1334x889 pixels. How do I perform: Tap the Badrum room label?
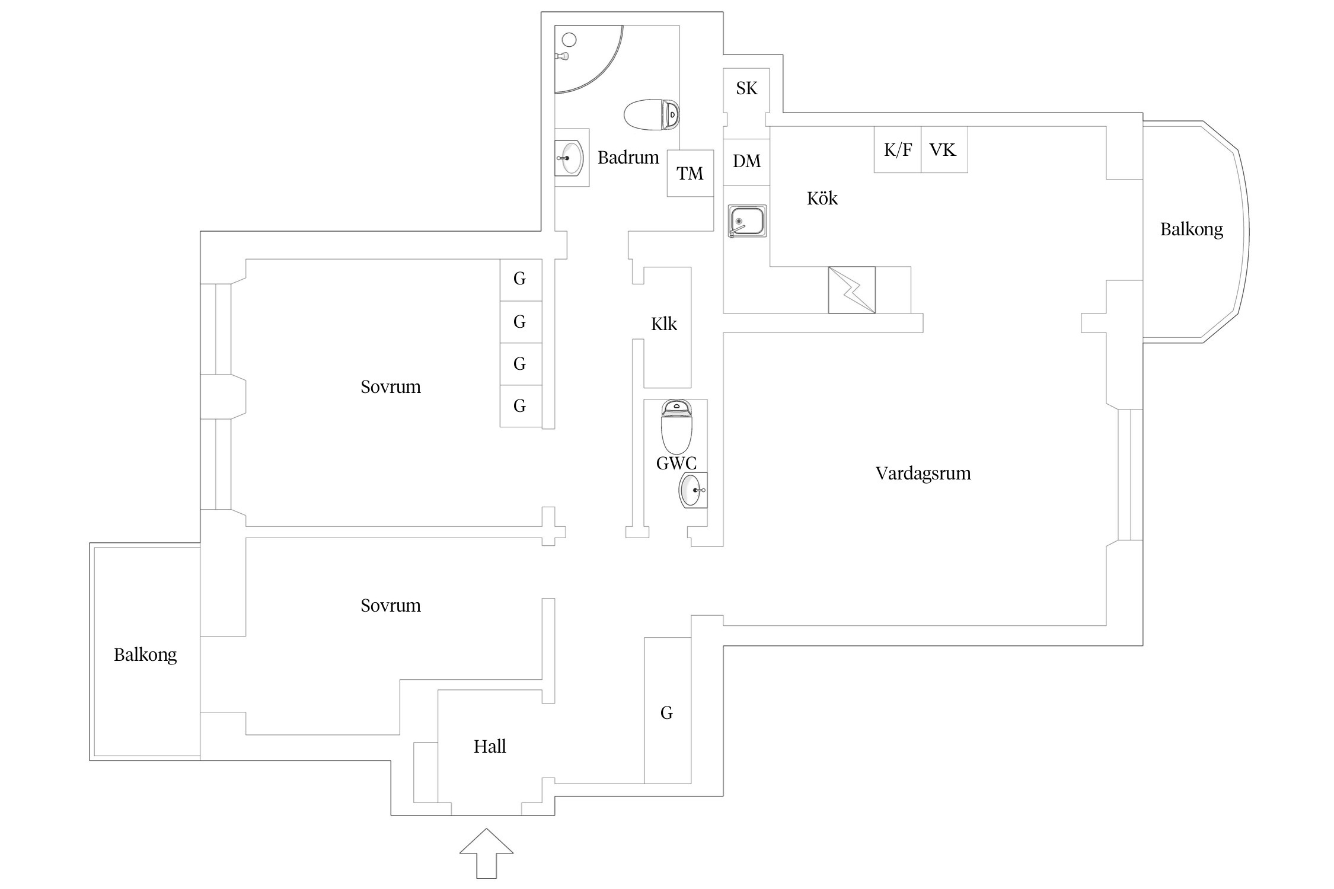click(628, 158)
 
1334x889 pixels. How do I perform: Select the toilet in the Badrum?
click(651, 114)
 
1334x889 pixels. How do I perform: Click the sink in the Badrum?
click(570, 158)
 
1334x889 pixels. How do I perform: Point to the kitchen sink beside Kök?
click(747, 221)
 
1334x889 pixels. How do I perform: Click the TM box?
click(690, 173)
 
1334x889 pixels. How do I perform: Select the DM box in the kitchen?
click(746, 161)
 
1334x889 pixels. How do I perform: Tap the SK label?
click(746, 88)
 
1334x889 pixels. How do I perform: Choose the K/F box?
click(898, 150)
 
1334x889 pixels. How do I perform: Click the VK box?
click(943, 150)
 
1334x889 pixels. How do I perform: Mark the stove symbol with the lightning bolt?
click(851, 290)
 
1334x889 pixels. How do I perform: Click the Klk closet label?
click(663, 324)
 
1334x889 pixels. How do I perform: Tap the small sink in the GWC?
click(692, 490)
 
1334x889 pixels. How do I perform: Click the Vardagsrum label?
click(923, 474)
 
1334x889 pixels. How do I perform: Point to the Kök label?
click(822, 199)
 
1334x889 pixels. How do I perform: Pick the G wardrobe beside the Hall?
click(667, 713)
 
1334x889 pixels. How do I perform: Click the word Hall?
click(490, 747)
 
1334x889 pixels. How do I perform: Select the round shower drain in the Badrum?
click(569, 40)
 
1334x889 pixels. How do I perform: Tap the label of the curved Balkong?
click(1191, 229)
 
